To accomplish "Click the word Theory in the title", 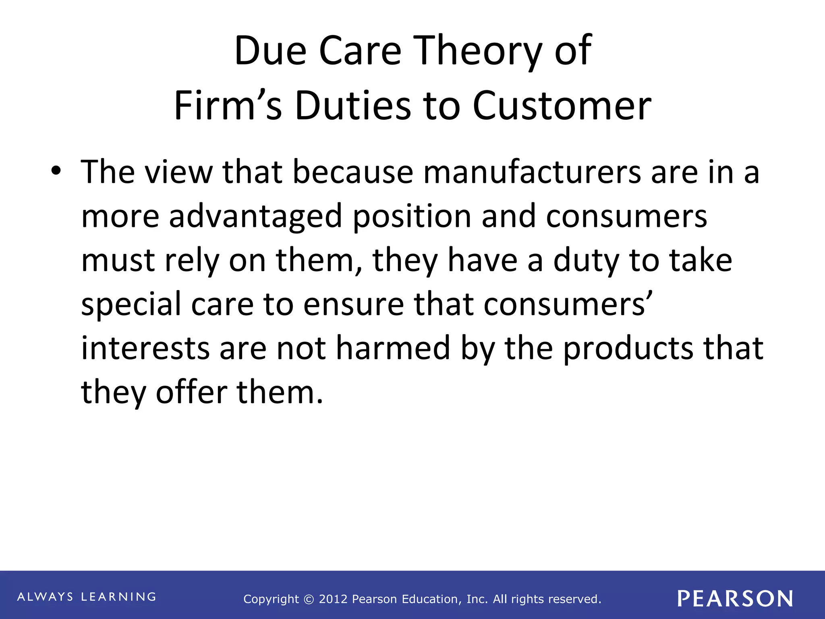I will click(x=478, y=51).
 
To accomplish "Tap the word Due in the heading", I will click(x=270, y=51).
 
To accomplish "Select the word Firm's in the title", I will click(x=228, y=106).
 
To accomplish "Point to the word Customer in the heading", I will click(x=562, y=106).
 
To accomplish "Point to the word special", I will click(x=131, y=305).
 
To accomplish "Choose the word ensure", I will click(x=353, y=305).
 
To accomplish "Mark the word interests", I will click(x=145, y=348).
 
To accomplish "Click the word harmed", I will click(x=393, y=348).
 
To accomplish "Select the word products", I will click(x=628, y=348).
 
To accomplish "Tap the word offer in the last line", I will click(x=192, y=393).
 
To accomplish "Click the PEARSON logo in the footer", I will click(x=735, y=598).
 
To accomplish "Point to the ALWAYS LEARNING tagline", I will click(x=87, y=597).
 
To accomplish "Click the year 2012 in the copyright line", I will click(x=333, y=599).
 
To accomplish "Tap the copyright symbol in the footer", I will click(x=309, y=600).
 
